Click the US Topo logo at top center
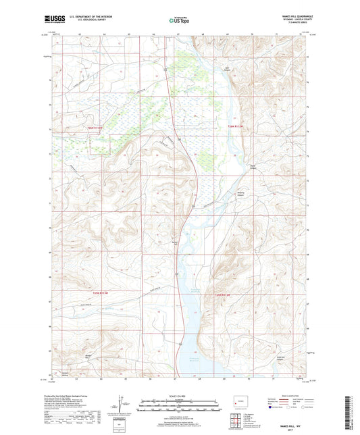pyautogui.click(x=176, y=22)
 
